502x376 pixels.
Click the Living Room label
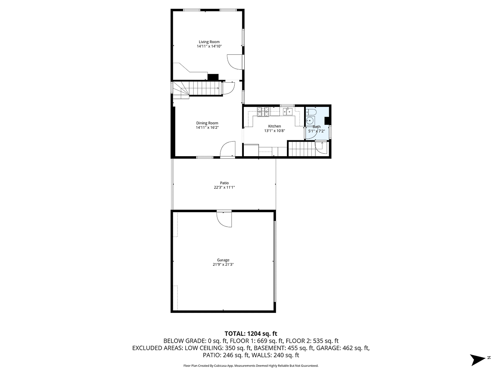209,42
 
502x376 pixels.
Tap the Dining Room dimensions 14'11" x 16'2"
207,128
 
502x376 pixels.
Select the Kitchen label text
274,126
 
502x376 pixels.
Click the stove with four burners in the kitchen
263,111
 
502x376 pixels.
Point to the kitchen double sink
287,111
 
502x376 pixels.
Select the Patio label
224,183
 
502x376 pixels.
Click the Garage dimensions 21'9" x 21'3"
223,264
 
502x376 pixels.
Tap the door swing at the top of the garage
224,219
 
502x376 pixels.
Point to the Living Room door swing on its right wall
235,62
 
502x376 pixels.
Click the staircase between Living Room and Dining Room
201,89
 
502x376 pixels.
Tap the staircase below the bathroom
300,149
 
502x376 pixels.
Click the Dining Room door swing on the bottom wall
228,149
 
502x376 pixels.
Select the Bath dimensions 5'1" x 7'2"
316,131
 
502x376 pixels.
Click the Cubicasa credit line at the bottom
251,366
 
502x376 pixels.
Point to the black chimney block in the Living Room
213,77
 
